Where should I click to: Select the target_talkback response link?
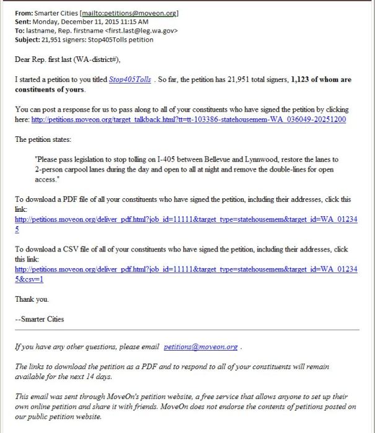click(x=188, y=120)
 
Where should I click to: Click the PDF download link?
click(x=186, y=220)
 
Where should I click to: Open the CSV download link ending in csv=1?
click(x=186, y=270)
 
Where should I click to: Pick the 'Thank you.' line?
click(x=32, y=299)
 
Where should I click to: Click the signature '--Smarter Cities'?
click(x=39, y=319)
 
